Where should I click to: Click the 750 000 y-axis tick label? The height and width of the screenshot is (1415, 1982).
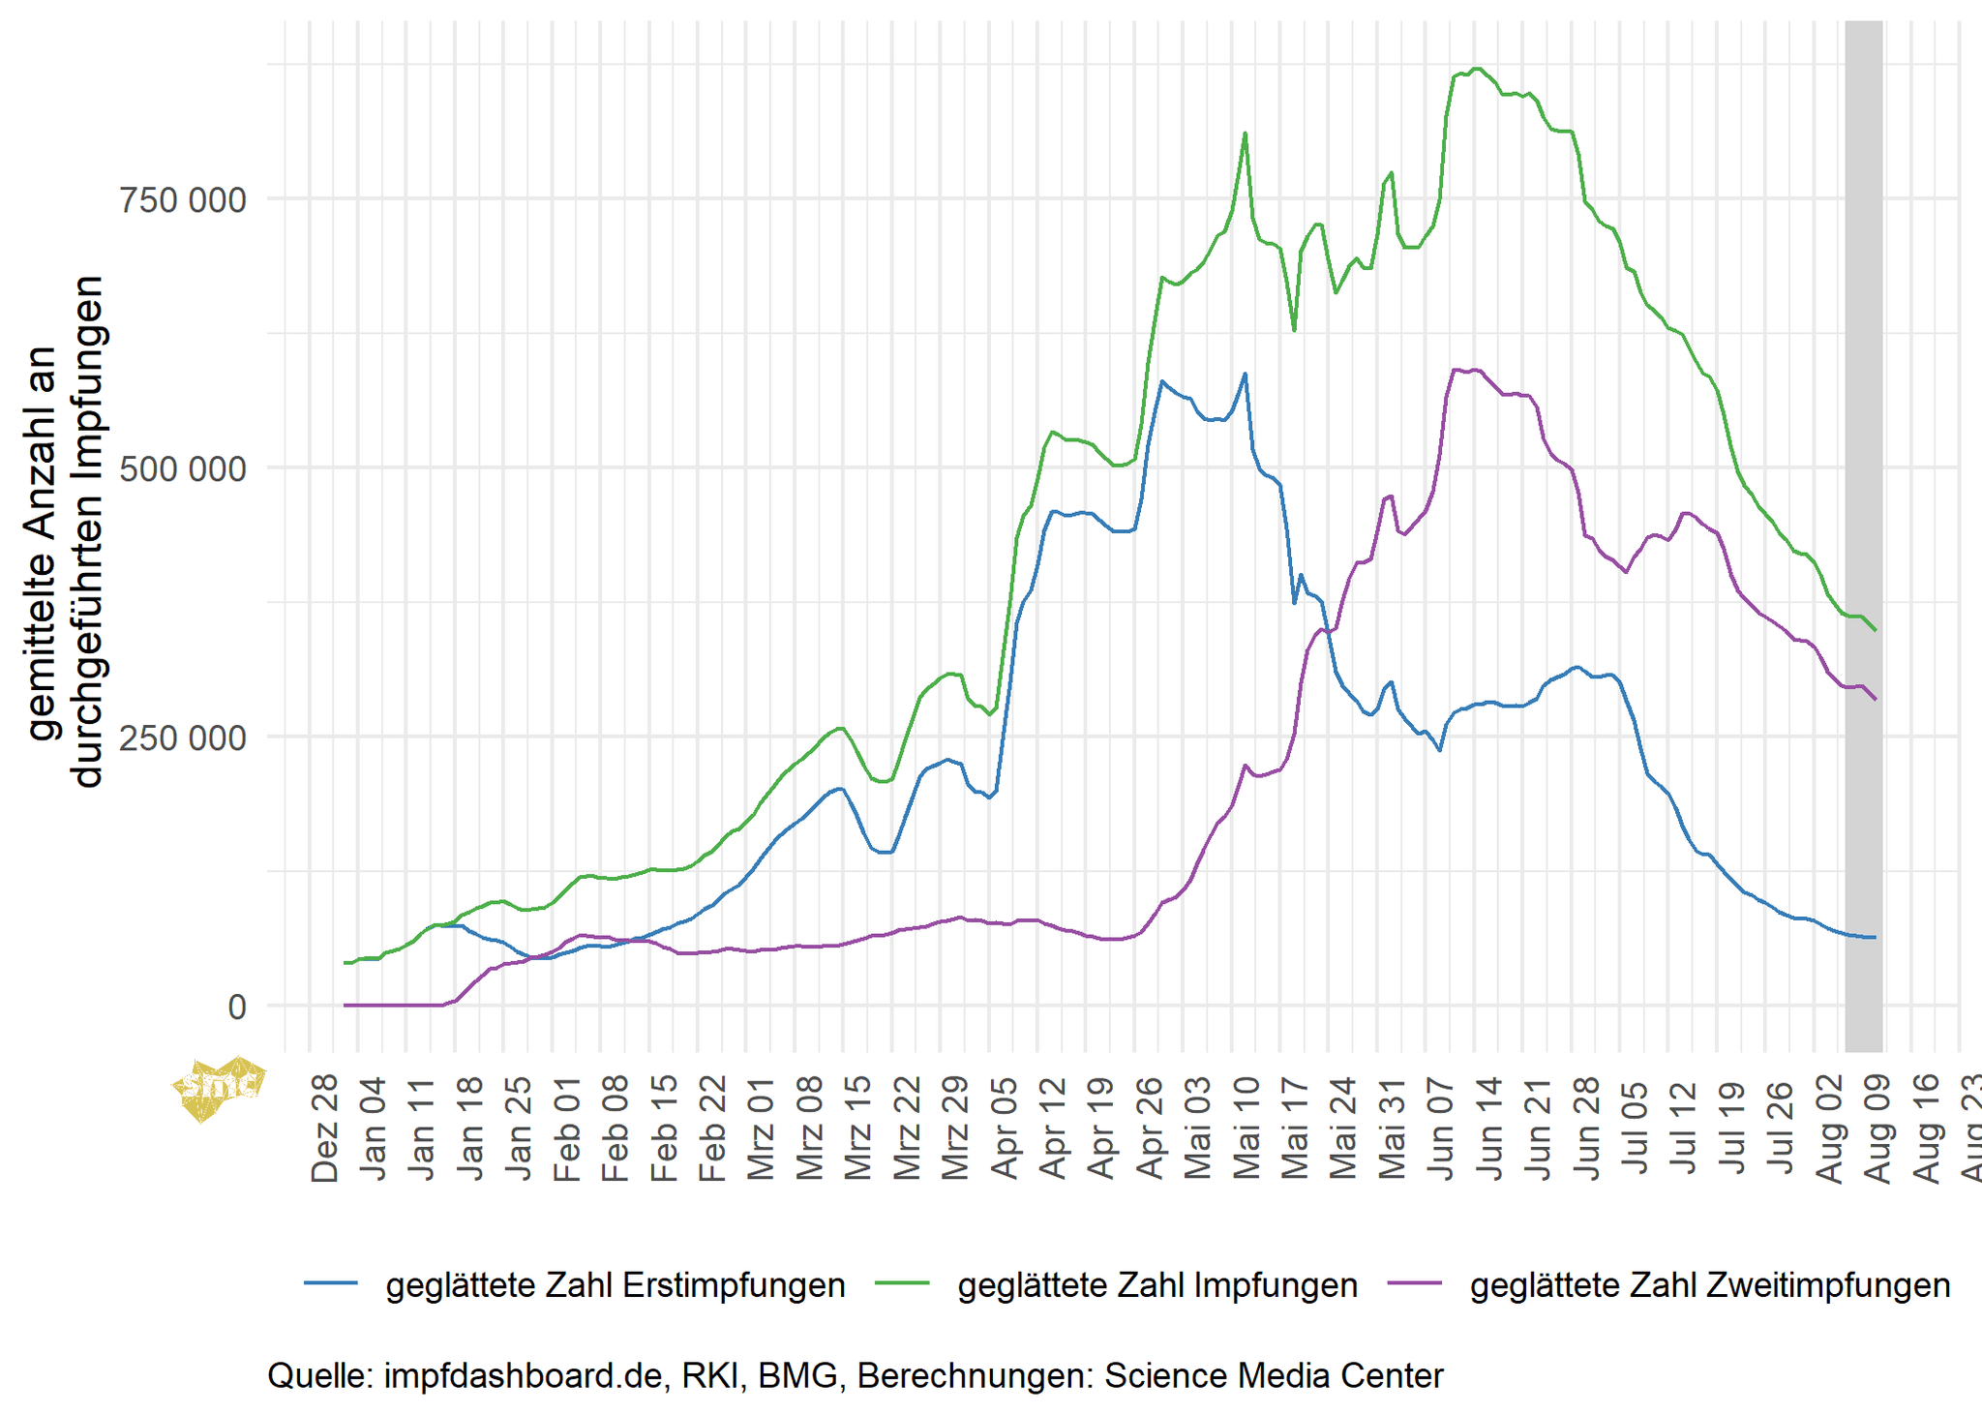(182, 200)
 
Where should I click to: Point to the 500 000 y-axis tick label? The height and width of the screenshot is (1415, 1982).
(182, 469)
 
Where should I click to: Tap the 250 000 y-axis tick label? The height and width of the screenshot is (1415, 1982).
(182, 738)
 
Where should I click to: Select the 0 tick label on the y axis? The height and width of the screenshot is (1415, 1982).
(237, 1008)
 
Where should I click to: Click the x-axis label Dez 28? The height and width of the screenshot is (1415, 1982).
(326, 1127)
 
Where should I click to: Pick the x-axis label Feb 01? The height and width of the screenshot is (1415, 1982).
(568, 1127)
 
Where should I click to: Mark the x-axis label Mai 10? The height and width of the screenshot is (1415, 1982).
(1247, 1127)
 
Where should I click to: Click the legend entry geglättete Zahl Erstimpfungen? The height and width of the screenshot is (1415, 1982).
(616, 1285)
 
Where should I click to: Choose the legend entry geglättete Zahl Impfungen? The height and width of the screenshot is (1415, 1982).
(1157, 1285)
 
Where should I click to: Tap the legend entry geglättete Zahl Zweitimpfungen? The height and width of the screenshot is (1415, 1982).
(1709, 1285)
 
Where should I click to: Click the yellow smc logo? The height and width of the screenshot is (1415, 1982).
(219, 1086)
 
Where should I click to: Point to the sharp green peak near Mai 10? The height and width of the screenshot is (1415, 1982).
(1245, 134)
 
